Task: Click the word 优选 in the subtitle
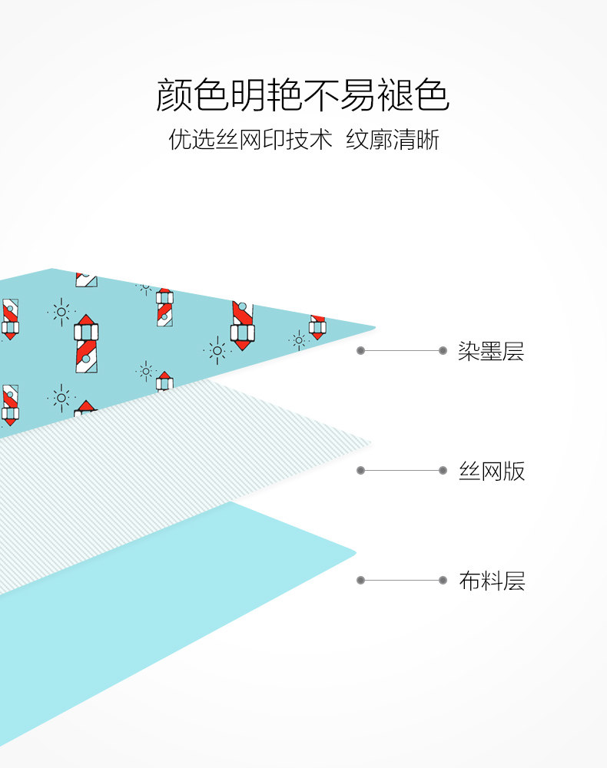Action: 191,140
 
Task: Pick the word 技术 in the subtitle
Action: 309,140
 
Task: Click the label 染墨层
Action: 491,352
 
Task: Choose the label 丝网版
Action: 491,471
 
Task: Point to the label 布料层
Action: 491,581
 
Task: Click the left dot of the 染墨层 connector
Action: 360,351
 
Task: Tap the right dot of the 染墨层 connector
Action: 443,351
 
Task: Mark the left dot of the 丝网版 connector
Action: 360,470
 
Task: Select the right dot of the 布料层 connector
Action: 443,581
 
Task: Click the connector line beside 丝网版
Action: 401,470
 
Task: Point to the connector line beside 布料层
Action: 401,581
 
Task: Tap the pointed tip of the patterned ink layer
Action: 373,328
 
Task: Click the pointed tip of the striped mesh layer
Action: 370,443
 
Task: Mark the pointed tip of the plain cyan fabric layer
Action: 354,551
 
